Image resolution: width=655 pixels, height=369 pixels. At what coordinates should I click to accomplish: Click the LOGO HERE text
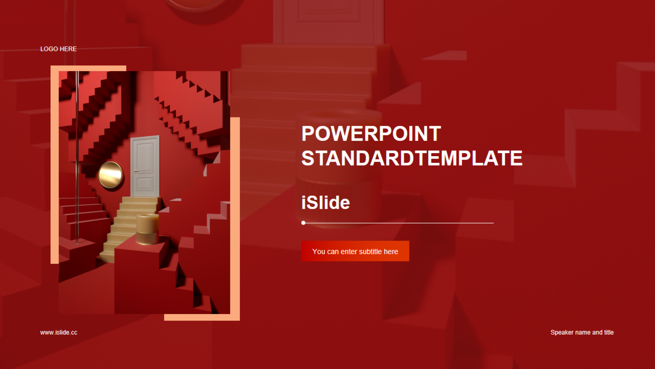tap(58, 49)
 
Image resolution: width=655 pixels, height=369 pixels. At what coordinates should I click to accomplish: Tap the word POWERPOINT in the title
tap(371, 134)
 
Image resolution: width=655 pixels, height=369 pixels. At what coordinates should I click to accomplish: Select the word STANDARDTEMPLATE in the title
tap(412, 158)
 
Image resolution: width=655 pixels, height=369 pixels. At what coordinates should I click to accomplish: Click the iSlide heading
tap(325, 203)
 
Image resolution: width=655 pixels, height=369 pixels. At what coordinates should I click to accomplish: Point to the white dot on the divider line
tap(303, 223)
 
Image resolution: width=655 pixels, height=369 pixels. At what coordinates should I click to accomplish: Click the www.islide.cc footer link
tap(59, 332)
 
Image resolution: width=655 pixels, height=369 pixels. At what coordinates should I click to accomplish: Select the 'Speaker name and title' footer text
tap(582, 332)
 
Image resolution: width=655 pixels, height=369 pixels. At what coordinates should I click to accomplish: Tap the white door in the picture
tap(145, 166)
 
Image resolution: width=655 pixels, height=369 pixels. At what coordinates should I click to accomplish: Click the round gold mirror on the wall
tap(111, 175)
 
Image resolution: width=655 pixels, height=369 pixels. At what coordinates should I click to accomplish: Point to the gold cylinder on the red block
tap(147, 229)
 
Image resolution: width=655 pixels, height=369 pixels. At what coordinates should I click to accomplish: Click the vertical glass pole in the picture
tap(77, 157)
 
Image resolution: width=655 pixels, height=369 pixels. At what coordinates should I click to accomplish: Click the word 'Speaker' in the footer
tap(562, 332)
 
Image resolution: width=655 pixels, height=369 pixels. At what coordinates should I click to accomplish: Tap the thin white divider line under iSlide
tap(397, 223)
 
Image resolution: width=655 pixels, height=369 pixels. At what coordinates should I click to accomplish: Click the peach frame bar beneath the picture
tap(202, 317)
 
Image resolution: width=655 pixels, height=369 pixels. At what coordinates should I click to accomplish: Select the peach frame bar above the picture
tap(88, 68)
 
